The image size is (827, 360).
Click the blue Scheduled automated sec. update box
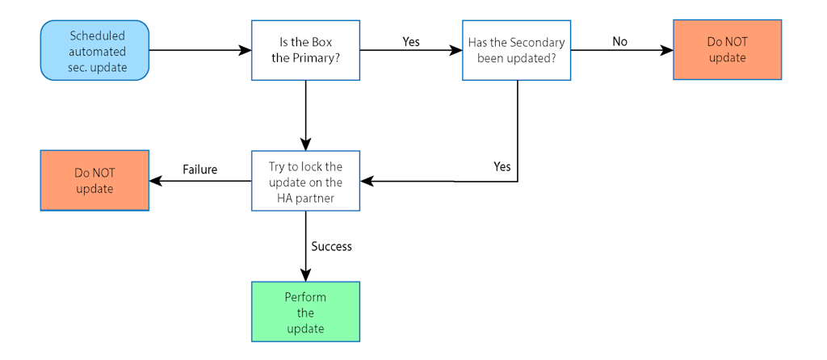(x=94, y=51)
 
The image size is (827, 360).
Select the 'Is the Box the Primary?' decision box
(x=305, y=51)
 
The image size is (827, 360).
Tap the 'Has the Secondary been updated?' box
(x=516, y=51)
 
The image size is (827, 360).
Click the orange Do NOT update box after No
(x=727, y=51)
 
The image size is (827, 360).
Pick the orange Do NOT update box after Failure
(x=94, y=181)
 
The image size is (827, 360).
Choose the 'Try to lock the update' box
(x=305, y=181)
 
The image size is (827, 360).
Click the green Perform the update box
(x=305, y=312)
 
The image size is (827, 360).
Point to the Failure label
(x=199, y=170)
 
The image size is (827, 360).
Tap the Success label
(x=332, y=246)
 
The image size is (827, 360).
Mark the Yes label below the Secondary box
(x=502, y=166)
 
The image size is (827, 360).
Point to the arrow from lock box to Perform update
(x=305, y=246)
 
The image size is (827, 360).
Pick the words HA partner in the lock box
(x=305, y=196)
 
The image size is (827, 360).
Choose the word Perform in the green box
(x=305, y=297)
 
